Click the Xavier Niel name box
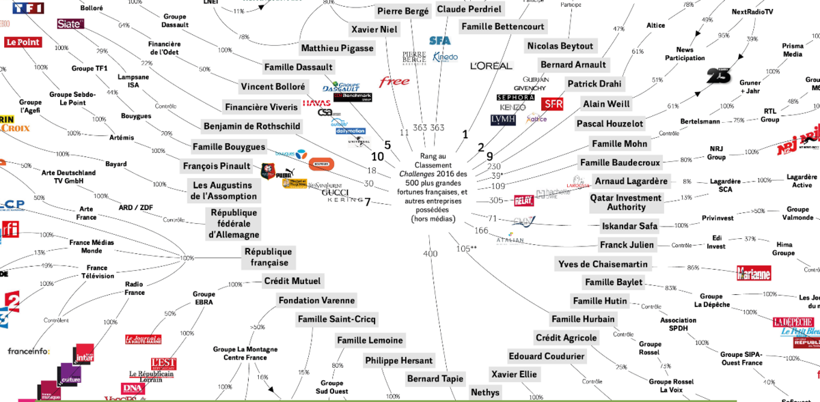click(x=374, y=29)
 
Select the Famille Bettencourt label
click(x=503, y=27)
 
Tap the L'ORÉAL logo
click(x=491, y=66)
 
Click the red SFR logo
click(x=552, y=104)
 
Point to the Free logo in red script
click(x=394, y=82)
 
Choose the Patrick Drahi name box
click(x=594, y=84)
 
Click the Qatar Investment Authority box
click(x=625, y=203)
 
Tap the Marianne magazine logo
click(x=754, y=273)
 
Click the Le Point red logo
click(x=23, y=42)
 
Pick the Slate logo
click(x=70, y=24)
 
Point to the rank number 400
click(x=430, y=254)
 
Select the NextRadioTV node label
click(x=752, y=12)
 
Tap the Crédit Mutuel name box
click(x=292, y=281)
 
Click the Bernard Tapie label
click(x=435, y=379)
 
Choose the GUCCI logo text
click(x=335, y=192)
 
